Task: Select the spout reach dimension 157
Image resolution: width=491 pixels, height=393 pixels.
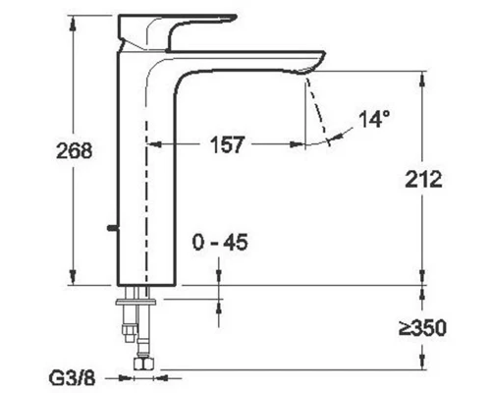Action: [x=228, y=143]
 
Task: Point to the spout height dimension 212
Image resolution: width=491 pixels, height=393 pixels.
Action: [x=422, y=179]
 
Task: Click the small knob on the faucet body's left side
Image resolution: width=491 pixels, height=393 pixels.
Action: [x=112, y=231]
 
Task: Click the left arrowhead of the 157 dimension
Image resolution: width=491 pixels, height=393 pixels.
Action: [x=153, y=143]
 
